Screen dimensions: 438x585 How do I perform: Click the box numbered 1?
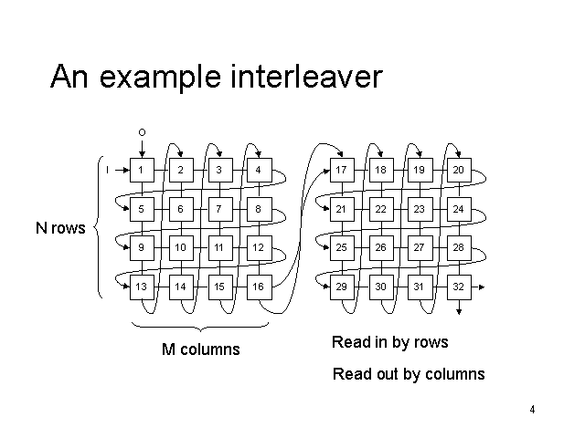(141, 170)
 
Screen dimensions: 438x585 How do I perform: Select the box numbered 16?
(259, 287)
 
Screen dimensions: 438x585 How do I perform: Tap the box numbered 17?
(340, 170)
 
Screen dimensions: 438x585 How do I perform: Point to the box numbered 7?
(219, 209)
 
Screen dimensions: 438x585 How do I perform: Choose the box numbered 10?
(180, 247)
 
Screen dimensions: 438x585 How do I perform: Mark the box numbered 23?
(419, 209)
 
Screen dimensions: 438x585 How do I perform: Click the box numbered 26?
(379, 247)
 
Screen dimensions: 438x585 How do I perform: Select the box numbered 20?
(458, 170)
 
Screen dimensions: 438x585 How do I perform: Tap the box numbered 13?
(141, 287)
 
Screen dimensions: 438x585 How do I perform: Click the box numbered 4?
(259, 170)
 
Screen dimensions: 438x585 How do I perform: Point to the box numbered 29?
(340, 287)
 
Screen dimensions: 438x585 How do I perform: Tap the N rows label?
(60, 228)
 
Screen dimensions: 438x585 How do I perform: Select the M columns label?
(200, 349)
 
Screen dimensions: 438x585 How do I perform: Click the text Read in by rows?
(389, 342)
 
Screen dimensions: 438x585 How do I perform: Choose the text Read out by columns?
(409, 374)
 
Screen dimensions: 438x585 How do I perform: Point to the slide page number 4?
(531, 409)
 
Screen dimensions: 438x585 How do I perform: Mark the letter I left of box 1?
(107, 170)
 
